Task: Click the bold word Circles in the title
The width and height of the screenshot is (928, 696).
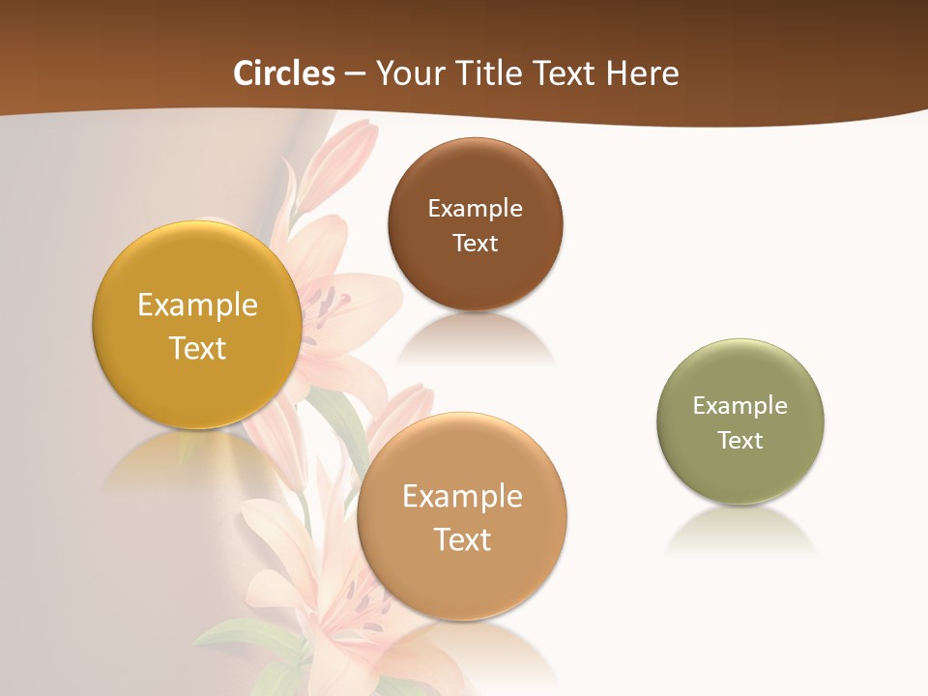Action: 283,73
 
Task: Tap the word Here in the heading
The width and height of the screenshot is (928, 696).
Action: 642,73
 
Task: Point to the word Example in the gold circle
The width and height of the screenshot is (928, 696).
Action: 197,305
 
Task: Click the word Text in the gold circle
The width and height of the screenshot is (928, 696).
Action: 197,348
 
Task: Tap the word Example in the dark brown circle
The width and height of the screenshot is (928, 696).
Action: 475,209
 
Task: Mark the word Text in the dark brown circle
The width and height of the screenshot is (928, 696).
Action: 475,243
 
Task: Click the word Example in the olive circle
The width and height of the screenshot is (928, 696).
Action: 740,406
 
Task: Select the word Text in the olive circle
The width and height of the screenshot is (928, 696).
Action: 740,441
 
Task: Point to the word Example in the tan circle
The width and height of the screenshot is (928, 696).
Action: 462,497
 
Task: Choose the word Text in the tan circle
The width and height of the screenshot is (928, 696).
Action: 462,539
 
